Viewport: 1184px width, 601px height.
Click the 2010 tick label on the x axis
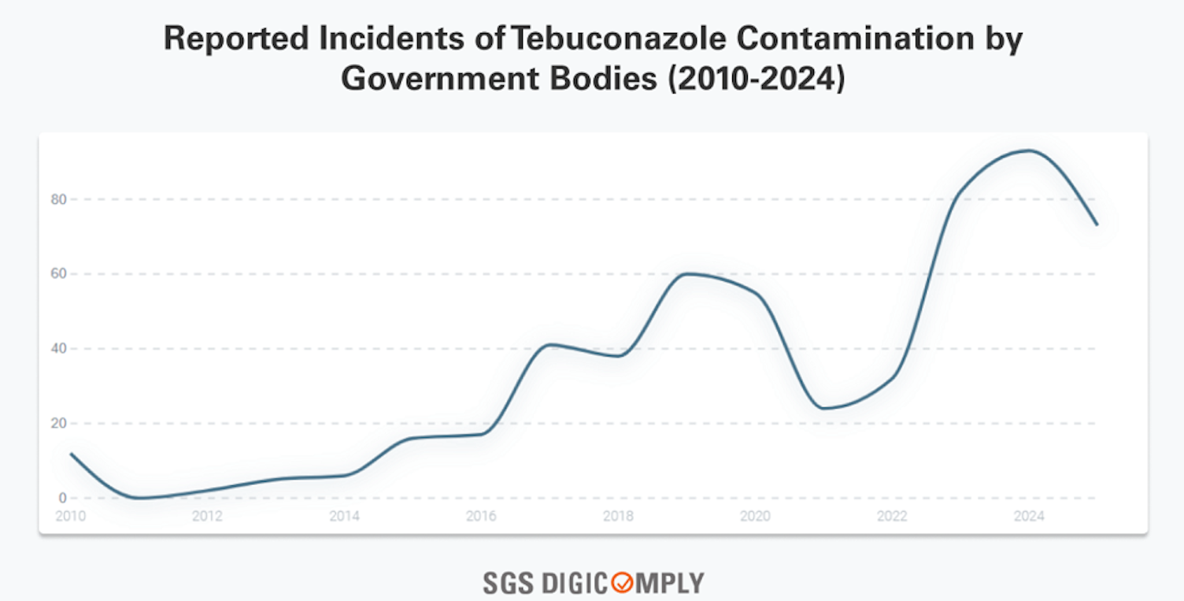tap(70, 517)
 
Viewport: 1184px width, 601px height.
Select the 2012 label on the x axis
tap(207, 517)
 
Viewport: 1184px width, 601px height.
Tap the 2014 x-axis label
tap(344, 517)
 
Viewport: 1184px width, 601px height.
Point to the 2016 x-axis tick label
tap(481, 517)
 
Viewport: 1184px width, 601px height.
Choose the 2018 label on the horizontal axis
tap(618, 517)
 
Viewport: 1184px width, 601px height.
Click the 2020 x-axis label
tap(755, 517)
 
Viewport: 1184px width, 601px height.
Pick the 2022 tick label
tap(892, 517)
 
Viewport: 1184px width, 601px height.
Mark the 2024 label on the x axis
tap(1029, 517)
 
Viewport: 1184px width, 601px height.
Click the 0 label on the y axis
tap(61, 499)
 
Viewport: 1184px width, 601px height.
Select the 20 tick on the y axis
tap(58, 424)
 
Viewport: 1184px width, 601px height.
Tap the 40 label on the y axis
tap(58, 349)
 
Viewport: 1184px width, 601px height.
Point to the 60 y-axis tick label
tap(58, 274)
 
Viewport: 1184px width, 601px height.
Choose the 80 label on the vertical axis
tap(58, 199)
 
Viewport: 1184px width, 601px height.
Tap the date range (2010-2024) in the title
tap(756, 80)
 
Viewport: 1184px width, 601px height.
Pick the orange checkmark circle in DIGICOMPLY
tap(622, 584)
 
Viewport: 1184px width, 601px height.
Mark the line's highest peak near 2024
tap(1029, 150)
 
